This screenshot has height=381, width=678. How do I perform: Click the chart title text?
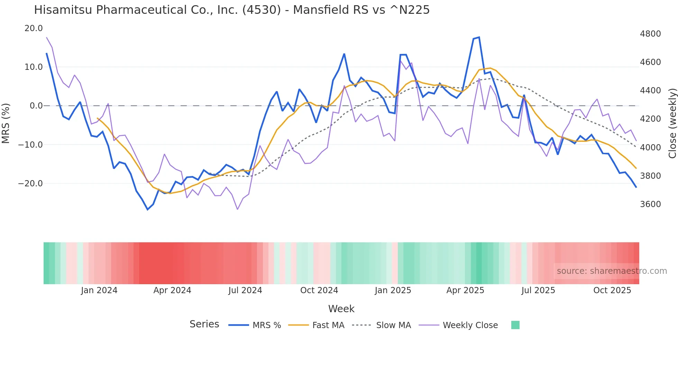[232, 10]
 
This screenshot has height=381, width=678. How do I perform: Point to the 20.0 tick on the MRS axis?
[34, 28]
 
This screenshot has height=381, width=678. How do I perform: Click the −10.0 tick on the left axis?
[30, 145]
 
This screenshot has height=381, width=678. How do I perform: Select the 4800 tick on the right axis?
[650, 34]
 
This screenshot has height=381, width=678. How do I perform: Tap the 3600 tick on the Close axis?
[650, 204]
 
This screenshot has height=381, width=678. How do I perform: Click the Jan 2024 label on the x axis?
[99, 290]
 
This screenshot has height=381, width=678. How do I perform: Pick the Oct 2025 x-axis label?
[612, 290]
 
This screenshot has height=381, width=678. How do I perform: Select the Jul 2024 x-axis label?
[245, 290]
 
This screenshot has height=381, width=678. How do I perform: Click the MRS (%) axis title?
[6, 123]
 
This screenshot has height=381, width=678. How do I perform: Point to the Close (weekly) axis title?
[672, 123]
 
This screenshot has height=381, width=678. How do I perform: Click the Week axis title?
[341, 309]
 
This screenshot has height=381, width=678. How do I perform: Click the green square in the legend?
[515, 325]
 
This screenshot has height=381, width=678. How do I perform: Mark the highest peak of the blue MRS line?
[479, 37]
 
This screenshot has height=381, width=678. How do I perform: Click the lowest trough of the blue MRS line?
[148, 210]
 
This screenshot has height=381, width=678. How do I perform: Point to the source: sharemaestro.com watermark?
[612, 271]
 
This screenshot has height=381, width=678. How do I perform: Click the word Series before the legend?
[204, 324]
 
